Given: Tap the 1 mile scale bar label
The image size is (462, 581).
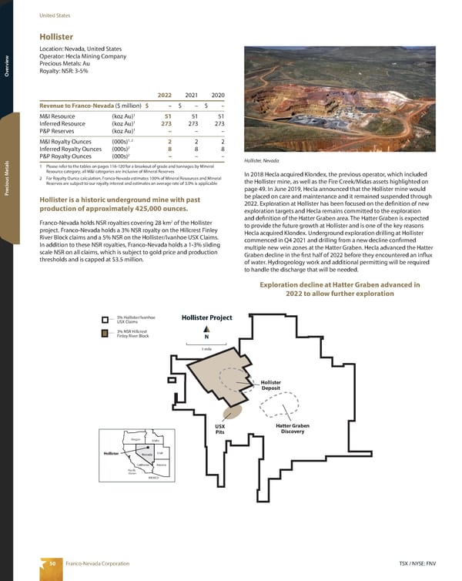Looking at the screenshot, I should (x=206, y=349).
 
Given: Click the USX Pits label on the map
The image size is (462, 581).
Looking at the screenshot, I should (x=219, y=429).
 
